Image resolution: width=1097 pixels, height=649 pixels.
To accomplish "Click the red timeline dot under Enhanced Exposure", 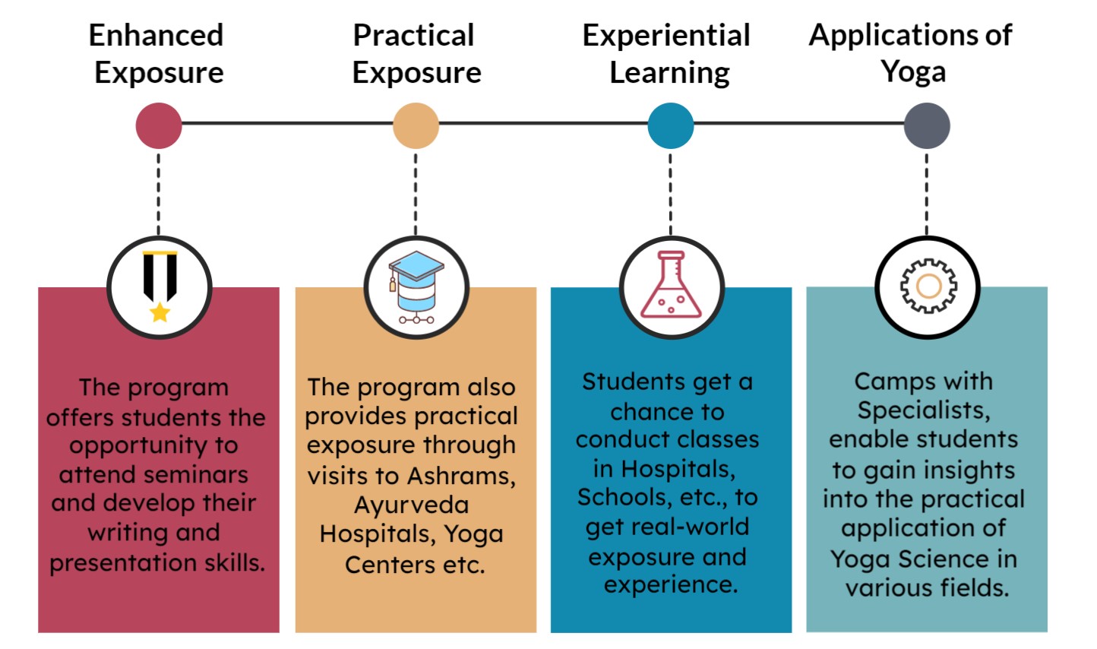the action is point(159,126).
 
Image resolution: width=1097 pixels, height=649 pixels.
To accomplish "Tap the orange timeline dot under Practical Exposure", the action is point(416,126).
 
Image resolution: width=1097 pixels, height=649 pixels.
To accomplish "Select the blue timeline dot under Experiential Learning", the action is point(671,126).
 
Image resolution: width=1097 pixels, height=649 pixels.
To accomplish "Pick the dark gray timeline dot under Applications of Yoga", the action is point(927,126).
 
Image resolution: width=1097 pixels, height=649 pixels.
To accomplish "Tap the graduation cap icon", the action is point(416,287).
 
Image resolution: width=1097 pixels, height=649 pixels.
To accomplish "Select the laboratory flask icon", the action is point(671,284).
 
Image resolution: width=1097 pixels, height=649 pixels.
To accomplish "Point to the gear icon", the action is point(928,286).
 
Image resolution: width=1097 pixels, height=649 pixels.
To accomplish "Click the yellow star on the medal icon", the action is point(160,312).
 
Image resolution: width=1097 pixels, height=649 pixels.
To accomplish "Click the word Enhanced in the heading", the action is point(156,35).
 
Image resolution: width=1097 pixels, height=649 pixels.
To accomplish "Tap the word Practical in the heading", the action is point(414,35).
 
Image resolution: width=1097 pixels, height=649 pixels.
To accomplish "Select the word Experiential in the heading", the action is point(666,36).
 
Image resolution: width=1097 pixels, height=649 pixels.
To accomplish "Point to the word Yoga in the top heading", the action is point(913,72).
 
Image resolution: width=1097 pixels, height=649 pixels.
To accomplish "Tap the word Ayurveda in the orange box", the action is point(412,505).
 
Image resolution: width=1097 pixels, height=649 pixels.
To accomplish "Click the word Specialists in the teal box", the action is point(924,410).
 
